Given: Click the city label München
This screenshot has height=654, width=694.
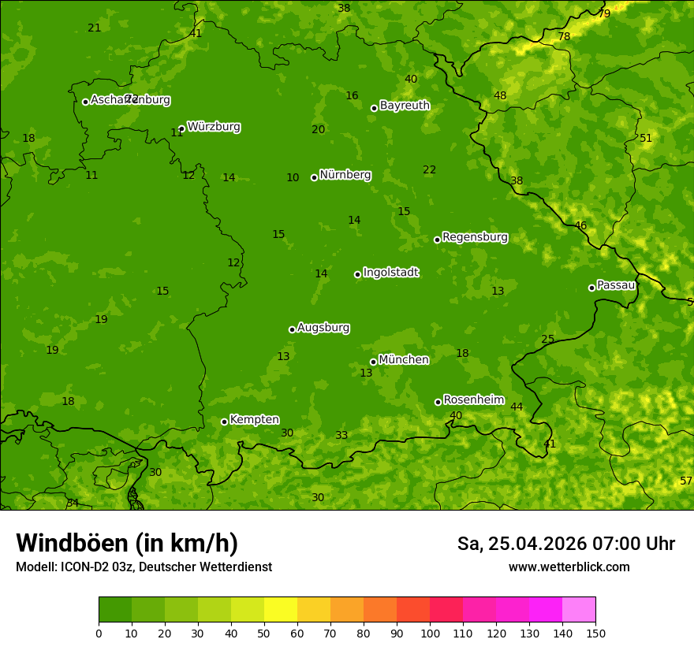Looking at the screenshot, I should tap(404, 360).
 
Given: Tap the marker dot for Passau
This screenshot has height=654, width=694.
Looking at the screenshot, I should tap(591, 288).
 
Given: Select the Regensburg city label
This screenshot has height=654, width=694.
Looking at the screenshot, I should tap(475, 237).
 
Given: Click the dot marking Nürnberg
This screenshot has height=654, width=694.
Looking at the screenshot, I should tap(314, 177).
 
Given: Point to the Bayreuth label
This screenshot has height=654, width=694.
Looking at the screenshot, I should tap(405, 106).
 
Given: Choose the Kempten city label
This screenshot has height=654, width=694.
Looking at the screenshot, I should tap(254, 420).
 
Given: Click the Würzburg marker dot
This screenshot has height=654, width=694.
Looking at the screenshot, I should tap(181, 128).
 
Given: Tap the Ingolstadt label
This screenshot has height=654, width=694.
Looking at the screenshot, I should tap(390, 273).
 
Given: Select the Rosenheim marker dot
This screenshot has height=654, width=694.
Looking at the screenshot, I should tap(438, 402).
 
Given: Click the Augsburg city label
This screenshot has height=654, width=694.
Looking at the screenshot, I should tap(323, 328).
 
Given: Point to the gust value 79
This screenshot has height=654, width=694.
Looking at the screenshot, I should tap(604, 13).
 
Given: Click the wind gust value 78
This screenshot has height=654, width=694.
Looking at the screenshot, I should tap(564, 37).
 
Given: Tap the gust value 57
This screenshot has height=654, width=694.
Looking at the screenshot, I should tap(686, 481).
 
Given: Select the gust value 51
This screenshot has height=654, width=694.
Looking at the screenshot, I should tap(646, 138).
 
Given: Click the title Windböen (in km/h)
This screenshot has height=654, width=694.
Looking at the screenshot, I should tap(127, 543).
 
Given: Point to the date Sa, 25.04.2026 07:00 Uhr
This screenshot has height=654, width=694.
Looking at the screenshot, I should tap(565, 544).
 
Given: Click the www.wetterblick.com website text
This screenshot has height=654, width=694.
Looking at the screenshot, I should tap(569, 567).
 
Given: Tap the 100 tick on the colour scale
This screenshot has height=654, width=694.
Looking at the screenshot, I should tap(430, 633).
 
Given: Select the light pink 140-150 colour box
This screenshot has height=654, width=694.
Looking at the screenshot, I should tap(579, 610).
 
